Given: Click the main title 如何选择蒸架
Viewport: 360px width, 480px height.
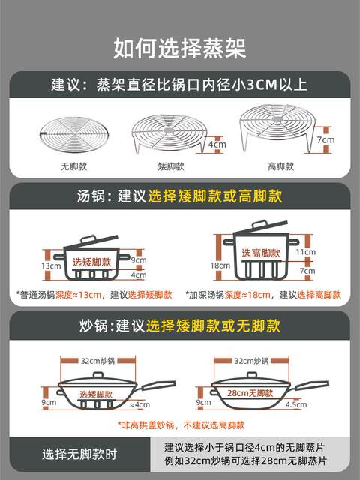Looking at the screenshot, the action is click(180, 48).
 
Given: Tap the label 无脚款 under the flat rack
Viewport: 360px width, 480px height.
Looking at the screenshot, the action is click(73, 166).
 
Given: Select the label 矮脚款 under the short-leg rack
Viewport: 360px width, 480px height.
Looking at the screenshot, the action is click(171, 166).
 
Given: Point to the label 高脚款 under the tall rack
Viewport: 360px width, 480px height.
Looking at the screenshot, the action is click(280, 166).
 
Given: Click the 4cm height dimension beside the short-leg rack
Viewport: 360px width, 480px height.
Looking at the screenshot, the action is click(217, 144).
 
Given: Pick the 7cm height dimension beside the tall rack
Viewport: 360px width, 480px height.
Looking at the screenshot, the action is click(325, 140).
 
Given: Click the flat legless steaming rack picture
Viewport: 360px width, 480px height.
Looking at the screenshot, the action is click(74, 135).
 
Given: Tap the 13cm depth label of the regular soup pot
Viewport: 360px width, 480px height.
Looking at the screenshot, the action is click(51, 265).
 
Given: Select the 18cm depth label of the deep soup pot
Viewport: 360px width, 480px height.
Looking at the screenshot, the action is click(220, 265).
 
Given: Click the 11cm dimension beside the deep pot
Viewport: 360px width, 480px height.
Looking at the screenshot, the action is click(305, 252).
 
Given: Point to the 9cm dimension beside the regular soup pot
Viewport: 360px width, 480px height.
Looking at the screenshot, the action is click(139, 260).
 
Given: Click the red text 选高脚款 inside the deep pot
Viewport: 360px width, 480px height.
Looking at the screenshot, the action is click(261, 253).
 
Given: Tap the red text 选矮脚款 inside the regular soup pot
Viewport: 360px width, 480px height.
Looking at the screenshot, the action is click(91, 262).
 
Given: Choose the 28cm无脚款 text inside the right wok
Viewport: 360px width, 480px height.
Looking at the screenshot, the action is click(250, 393).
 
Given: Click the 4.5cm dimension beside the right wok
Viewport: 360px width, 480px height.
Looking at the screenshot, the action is click(296, 404).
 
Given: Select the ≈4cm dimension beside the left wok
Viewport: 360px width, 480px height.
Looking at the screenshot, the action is click(140, 404).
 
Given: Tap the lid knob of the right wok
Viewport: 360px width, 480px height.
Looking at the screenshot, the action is click(252, 375).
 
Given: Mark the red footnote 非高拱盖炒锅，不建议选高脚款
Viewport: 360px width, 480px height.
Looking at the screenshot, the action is click(181, 425).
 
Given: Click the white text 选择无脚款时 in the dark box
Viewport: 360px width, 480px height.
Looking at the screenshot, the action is click(79, 454).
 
